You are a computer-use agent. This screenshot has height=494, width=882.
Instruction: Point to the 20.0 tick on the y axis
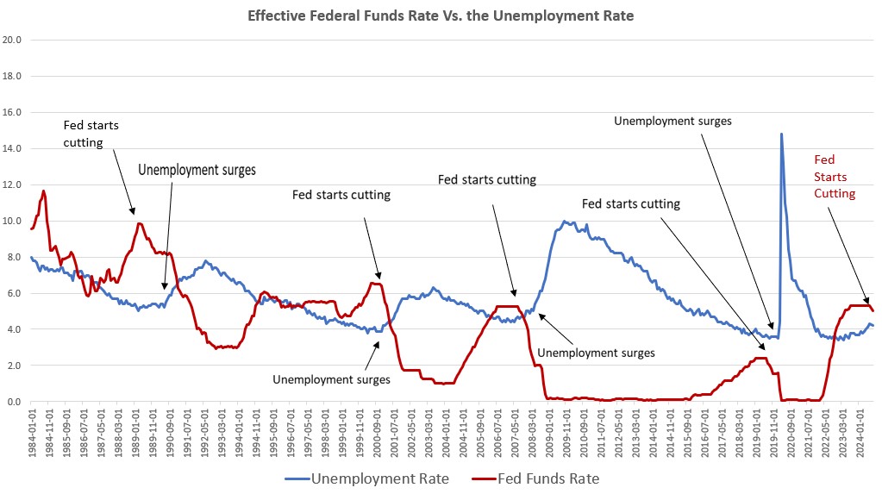[13, 40]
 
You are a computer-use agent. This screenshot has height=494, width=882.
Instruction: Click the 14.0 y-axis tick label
[13, 148]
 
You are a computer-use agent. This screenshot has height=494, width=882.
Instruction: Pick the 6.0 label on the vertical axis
[15, 293]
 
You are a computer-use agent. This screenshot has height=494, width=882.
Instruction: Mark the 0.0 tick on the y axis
[15, 402]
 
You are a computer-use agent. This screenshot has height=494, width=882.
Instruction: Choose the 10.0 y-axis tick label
[13, 221]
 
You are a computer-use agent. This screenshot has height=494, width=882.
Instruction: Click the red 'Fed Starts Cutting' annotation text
[835, 177]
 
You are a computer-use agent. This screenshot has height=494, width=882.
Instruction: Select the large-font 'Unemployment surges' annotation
[197, 170]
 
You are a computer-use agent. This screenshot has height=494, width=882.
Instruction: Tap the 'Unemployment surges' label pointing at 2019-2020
[672, 121]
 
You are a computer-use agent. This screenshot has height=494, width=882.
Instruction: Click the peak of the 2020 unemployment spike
[781, 134]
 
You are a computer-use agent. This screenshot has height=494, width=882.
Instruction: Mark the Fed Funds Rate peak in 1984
[44, 191]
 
